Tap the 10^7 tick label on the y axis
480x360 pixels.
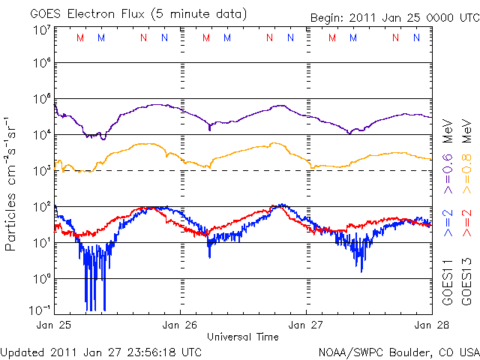tap(40, 30)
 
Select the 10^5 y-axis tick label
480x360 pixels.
tap(40, 100)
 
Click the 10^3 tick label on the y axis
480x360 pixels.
tap(40, 171)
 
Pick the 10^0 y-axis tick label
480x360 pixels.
tap(40, 278)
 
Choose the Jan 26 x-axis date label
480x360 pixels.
tap(181, 325)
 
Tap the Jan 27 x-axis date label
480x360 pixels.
tap(306, 325)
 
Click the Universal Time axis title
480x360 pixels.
tap(243, 337)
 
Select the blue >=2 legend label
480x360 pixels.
tap(448, 223)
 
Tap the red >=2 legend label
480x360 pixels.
tap(466, 223)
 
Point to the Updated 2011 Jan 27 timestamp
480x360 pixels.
tap(100, 351)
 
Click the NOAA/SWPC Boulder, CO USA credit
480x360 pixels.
tap(398, 351)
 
